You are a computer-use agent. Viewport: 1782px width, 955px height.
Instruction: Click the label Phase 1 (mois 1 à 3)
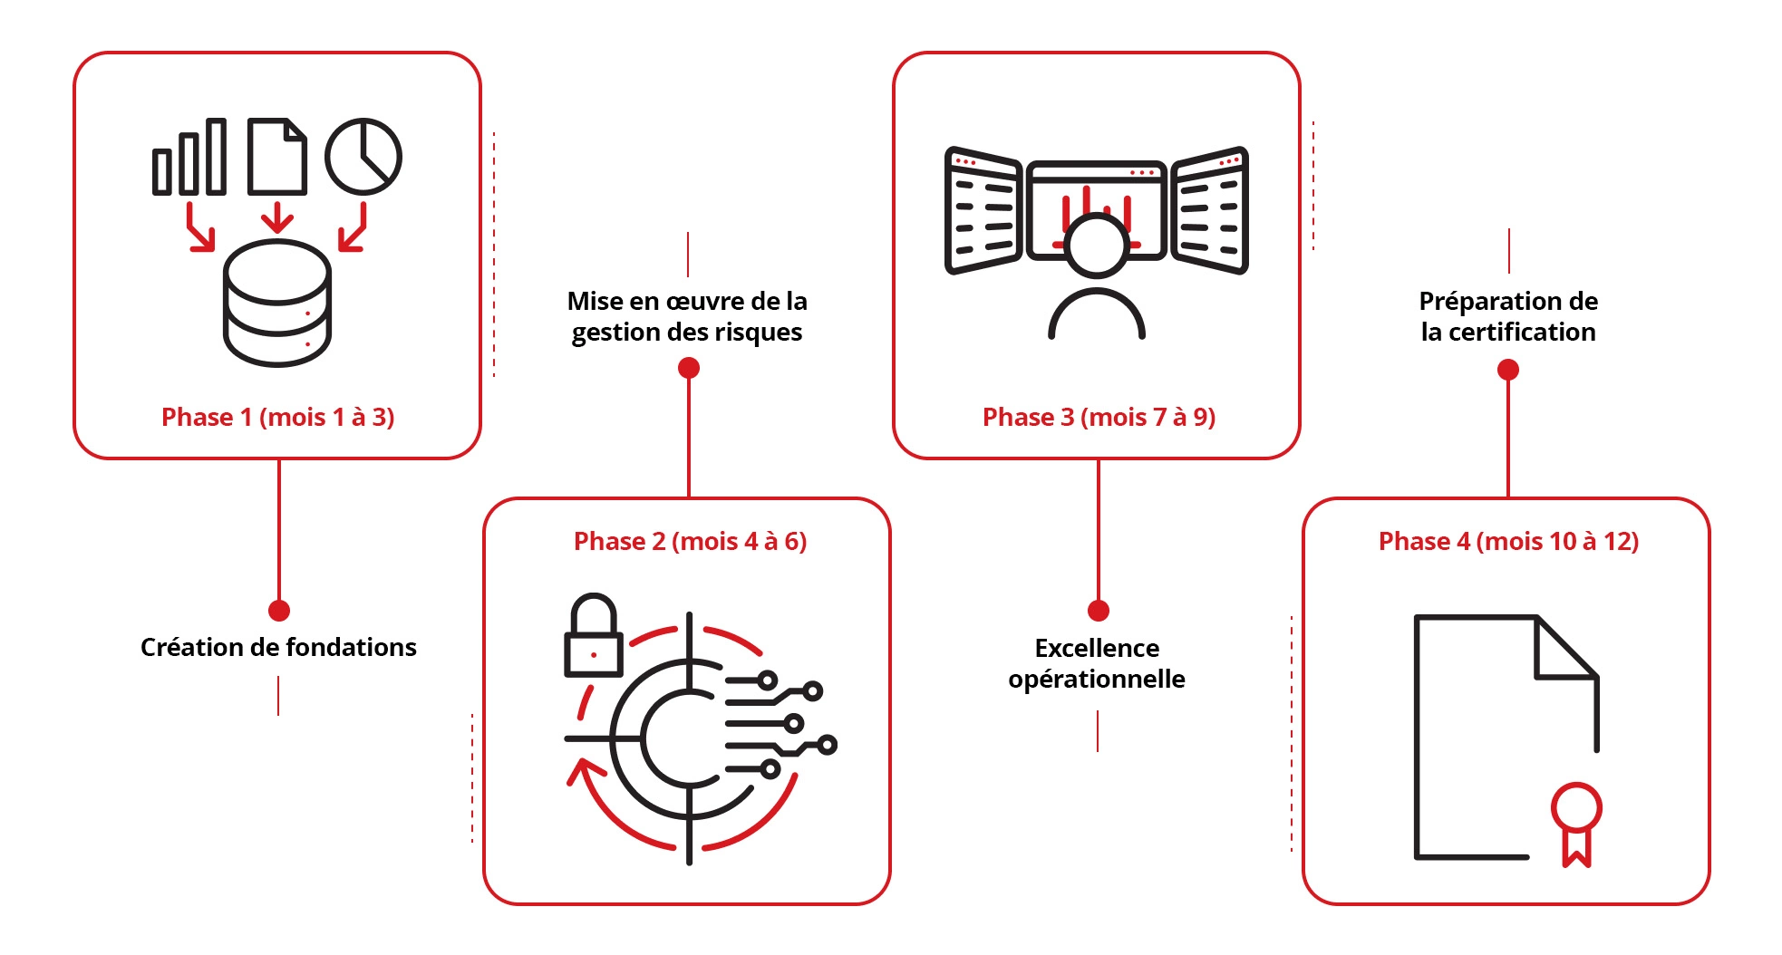coord(277,417)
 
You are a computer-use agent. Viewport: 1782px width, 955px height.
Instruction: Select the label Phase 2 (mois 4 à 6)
coord(690,541)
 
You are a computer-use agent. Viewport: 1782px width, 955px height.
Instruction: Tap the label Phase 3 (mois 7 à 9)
coord(1099,417)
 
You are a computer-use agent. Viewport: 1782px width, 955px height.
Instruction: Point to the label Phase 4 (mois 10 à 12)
coord(1508,541)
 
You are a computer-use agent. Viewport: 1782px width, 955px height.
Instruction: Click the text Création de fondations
coord(278,647)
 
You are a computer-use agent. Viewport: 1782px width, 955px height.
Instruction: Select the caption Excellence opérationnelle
coord(1097,663)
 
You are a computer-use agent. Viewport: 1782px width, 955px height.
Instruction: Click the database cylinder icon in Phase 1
coord(277,304)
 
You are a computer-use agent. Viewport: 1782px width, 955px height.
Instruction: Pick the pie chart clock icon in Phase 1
coord(363,156)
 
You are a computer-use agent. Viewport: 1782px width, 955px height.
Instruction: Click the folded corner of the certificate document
coord(1564,649)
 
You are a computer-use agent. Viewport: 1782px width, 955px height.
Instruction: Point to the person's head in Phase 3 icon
coord(1097,245)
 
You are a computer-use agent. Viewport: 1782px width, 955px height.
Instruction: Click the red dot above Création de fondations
coord(279,610)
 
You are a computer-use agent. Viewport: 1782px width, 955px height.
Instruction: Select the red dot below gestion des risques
coord(689,367)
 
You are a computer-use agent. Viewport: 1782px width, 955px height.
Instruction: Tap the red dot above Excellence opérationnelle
coord(1099,610)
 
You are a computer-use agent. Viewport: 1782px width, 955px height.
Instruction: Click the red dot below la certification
coord(1508,369)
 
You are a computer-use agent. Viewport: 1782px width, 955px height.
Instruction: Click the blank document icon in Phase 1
coord(277,157)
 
